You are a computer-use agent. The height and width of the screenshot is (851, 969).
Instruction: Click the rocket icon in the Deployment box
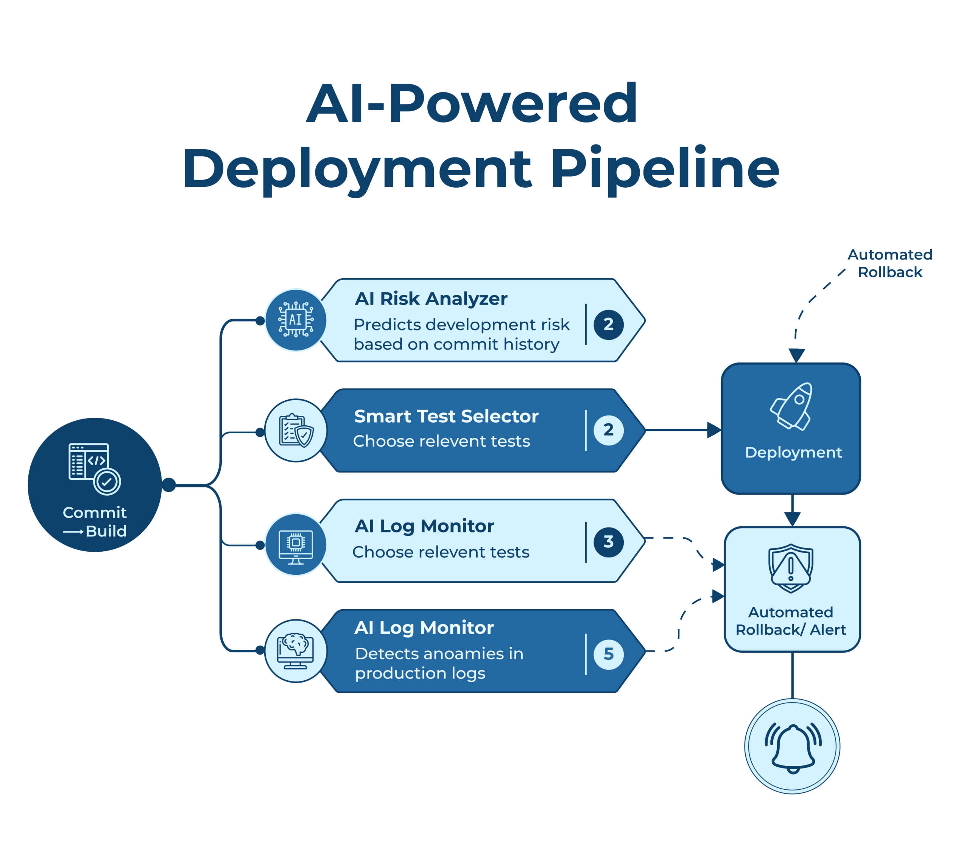(x=792, y=406)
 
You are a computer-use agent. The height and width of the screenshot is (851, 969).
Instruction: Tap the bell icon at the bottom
(x=793, y=748)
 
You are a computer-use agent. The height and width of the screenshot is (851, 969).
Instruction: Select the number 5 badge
(x=609, y=654)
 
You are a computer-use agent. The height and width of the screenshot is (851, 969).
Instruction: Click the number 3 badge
(x=609, y=542)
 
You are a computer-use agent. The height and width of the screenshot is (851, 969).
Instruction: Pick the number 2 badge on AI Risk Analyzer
(x=609, y=325)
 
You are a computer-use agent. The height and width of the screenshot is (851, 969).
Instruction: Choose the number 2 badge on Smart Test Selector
(x=609, y=430)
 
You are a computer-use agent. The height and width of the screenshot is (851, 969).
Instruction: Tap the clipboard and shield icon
(x=296, y=430)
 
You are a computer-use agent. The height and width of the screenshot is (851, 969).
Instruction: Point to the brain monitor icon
(x=296, y=651)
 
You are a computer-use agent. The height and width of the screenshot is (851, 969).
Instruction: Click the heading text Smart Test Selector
(x=446, y=416)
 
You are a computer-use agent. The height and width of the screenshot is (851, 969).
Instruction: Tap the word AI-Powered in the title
(x=472, y=104)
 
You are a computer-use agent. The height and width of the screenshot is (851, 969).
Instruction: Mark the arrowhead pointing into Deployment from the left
(x=714, y=430)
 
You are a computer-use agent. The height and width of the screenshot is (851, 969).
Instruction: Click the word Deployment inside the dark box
(x=793, y=453)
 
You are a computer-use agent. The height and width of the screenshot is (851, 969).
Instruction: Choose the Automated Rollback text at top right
(x=890, y=263)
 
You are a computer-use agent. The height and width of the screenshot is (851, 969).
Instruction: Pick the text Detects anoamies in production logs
(x=439, y=663)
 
